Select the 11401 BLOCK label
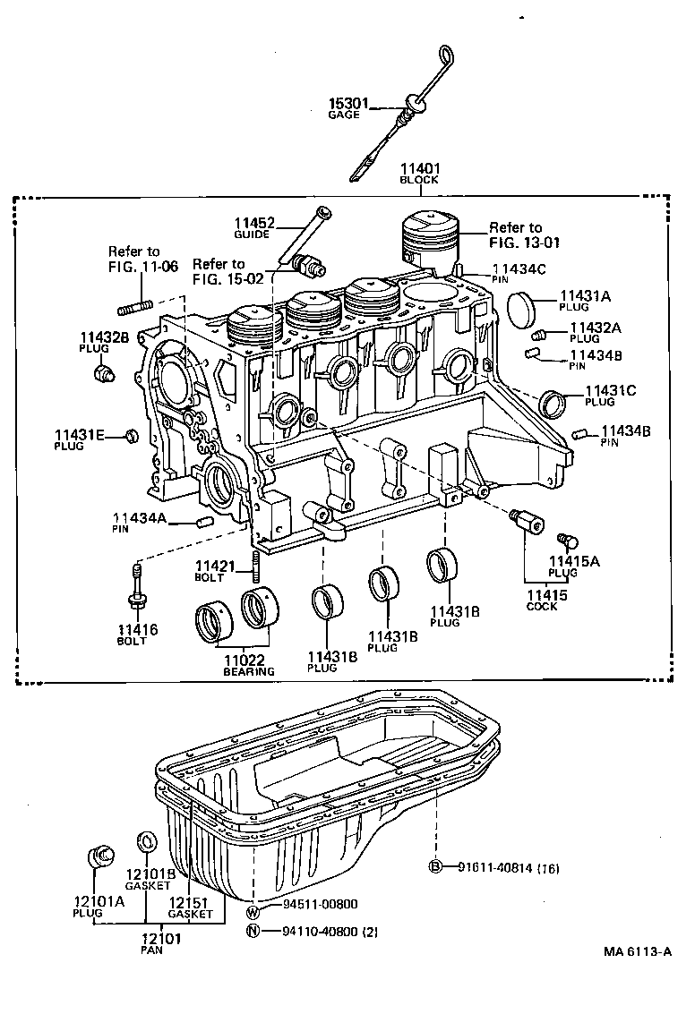click(418, 172)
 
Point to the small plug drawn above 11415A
click(567, 540)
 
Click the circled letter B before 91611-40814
click(436, 865)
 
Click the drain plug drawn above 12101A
click(99, 855)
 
